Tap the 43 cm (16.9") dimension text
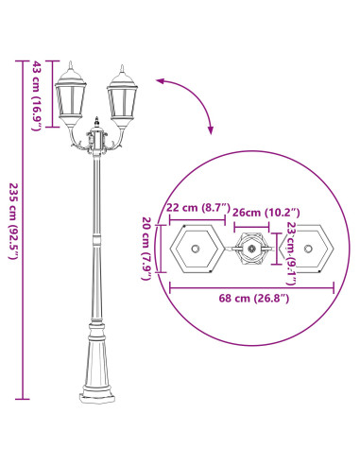coord(36,94)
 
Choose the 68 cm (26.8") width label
coord(250,299)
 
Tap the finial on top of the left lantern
coord(72,64)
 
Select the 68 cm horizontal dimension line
coord(250,285)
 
